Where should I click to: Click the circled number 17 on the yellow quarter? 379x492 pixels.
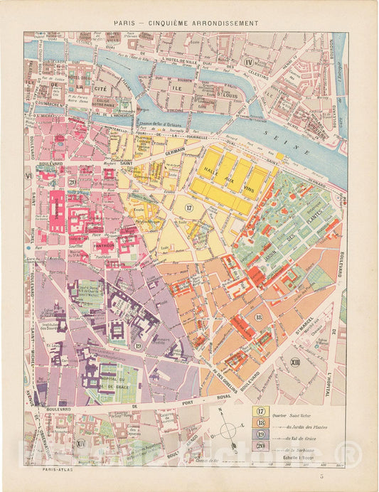(x=188, y=207)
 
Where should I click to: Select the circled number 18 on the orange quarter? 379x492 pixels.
(x=258, y=317)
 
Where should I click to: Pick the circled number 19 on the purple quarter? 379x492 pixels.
(x=137, y=346)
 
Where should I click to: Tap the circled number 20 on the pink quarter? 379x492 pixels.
(x=73, y=182)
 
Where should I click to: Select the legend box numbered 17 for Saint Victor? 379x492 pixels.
(x=261, y=412)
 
